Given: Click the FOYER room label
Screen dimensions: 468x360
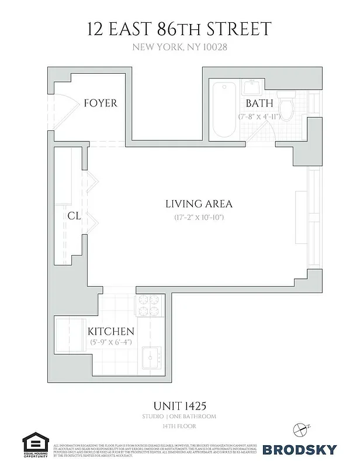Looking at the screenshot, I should pos(101,104).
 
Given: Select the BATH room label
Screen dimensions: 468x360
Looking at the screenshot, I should pos(259,104).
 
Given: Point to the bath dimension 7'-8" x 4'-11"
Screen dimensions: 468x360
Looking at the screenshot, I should pos(259,116).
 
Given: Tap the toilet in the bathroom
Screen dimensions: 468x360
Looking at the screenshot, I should pos(287,109).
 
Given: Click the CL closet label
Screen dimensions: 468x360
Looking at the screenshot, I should pos(74,216).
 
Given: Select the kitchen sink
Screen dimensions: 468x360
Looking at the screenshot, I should pos(154,357).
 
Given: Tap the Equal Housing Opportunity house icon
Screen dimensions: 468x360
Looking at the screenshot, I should pos(35,442).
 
